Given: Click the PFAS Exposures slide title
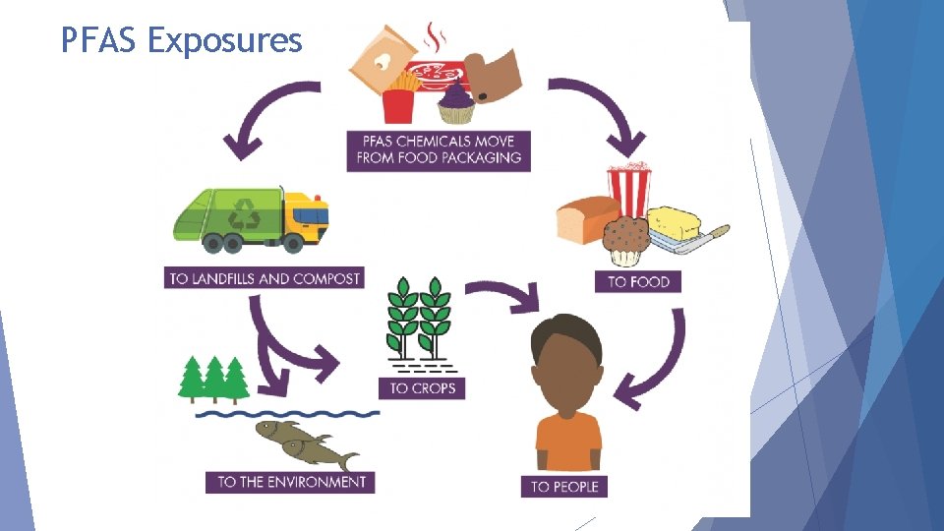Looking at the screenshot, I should pyautogui.click(x=181, y=40).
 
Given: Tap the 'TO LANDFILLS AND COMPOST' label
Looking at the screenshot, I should pyautogui.click(x=265, y=278).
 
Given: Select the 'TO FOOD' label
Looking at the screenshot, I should pyautogui.click(x=638, y=281).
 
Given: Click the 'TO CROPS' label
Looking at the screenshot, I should pyautogui.click(x=423, y=387).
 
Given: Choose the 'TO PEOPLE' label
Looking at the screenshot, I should pyautogui.click(x=564, y=486).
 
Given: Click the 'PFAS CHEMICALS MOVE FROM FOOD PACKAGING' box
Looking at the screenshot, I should pyautogui.click(x=439, y=149).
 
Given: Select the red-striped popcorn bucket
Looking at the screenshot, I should pyautogui.click(x=629, y=189).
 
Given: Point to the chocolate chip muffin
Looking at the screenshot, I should pyautogui.click(x=625, y=240).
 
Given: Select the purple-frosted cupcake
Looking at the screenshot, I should pyautogui.click(x=456, y=101).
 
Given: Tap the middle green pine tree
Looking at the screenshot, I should pyautogui.click(x=213, y=378).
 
